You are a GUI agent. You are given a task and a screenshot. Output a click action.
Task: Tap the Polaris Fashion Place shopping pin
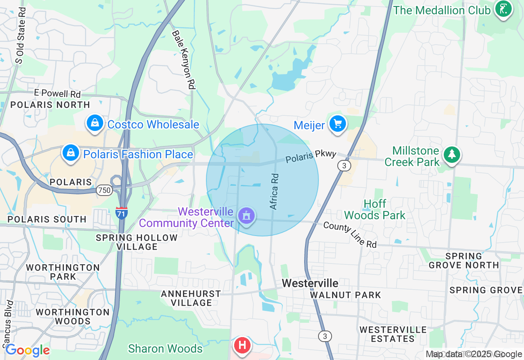tap(71, 153)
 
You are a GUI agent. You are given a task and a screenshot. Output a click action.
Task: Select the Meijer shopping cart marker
tap(338, 124)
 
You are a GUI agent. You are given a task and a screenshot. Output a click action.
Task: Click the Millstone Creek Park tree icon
tap(452, 155)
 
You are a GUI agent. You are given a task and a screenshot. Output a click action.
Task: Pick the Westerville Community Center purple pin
tap(246, 216)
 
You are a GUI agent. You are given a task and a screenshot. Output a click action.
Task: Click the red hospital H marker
tap(242, 345)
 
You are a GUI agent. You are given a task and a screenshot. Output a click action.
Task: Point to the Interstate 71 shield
tap(122, 213)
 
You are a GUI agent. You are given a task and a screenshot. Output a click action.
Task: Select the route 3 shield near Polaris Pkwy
tap(344, 166)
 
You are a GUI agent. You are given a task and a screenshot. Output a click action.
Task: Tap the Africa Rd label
tap(274, 192)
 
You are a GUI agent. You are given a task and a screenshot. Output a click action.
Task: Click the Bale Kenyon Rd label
tap(183, 60)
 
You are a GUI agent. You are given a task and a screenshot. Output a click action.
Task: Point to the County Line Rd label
tap(350, 235)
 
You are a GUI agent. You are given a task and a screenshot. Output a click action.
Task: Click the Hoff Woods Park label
tap(375, 209)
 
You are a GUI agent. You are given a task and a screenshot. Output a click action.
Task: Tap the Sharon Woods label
tap(165, 349)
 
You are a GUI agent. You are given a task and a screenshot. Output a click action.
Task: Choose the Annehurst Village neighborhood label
tap(191, 298)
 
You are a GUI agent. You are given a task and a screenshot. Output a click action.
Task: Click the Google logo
tap(27, 350)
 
